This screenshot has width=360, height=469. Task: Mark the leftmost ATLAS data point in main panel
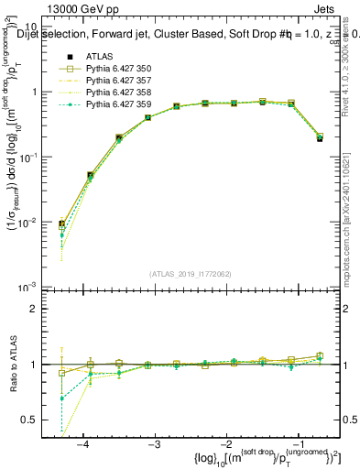click(x=62, y=224)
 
